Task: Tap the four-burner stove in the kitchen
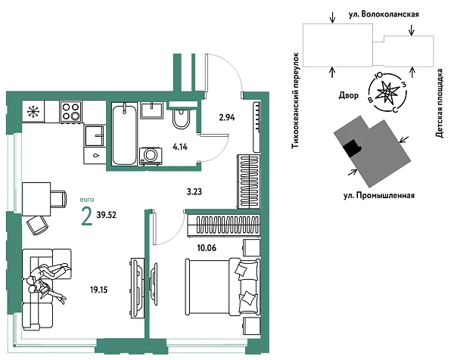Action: click(x=70, y=112)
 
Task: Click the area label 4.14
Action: click(x=180, y=147)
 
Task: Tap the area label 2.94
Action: click(x=227, y=117)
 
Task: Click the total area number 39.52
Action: click(x=107, y=215)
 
